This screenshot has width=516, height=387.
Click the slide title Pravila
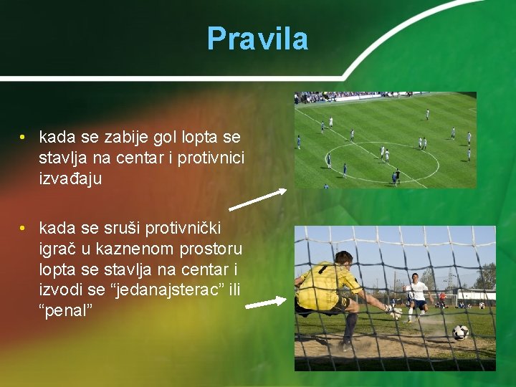pos(257,39)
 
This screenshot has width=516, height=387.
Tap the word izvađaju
pos(70,178)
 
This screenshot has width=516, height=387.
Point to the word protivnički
pos(183,229)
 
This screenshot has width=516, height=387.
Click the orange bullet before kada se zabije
pos(24,137)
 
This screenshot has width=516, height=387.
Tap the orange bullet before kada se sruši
pos(24,229)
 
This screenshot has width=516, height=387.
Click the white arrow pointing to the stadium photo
pos(258,199)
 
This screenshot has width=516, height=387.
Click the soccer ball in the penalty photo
pos(460,332)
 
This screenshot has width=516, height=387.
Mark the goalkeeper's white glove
pos(393,312)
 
